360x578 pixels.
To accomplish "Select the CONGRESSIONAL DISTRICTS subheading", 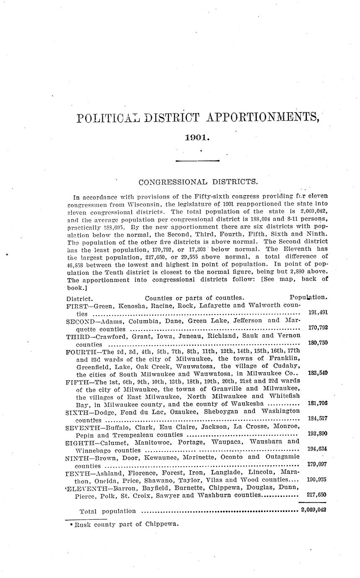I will click(x=197, y=182).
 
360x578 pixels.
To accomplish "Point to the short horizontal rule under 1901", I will click(x=197, y=160).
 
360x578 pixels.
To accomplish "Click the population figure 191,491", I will click(x=317, y=312).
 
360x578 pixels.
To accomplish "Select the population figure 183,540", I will click(x=317, y=373).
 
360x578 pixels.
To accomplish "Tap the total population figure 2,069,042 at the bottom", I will click(x=313, y=510).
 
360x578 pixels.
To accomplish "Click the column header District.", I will click(x=79, y=298).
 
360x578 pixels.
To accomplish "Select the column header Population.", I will click(x=308, y=297).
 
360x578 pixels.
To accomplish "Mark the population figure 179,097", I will click(x=317, y=464).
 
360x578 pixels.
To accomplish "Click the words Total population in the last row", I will click(x=108, y=511).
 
